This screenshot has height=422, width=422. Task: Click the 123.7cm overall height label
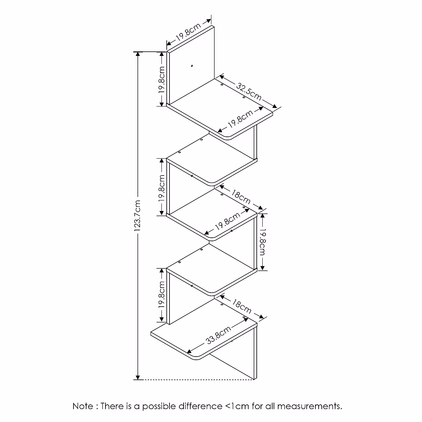pyautogui.click(x=138, y=216)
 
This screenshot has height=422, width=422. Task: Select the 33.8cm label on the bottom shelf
pyautogui.click(x=218, y=336)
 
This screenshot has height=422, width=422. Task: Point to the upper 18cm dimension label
pyautogui.click(x=241, y=197)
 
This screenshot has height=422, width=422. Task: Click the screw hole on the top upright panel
pyautogui.click(x=192, y=65)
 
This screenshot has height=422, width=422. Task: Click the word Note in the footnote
pyautogui.click(x=83, y=407)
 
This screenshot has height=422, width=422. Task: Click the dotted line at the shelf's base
pyautogui.click(x=197, y=380)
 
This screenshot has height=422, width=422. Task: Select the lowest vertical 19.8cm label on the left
pyautogui.click(x=161, y=295)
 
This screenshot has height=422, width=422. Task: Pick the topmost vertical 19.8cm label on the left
pyautogui.click(x=161, y=79)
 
